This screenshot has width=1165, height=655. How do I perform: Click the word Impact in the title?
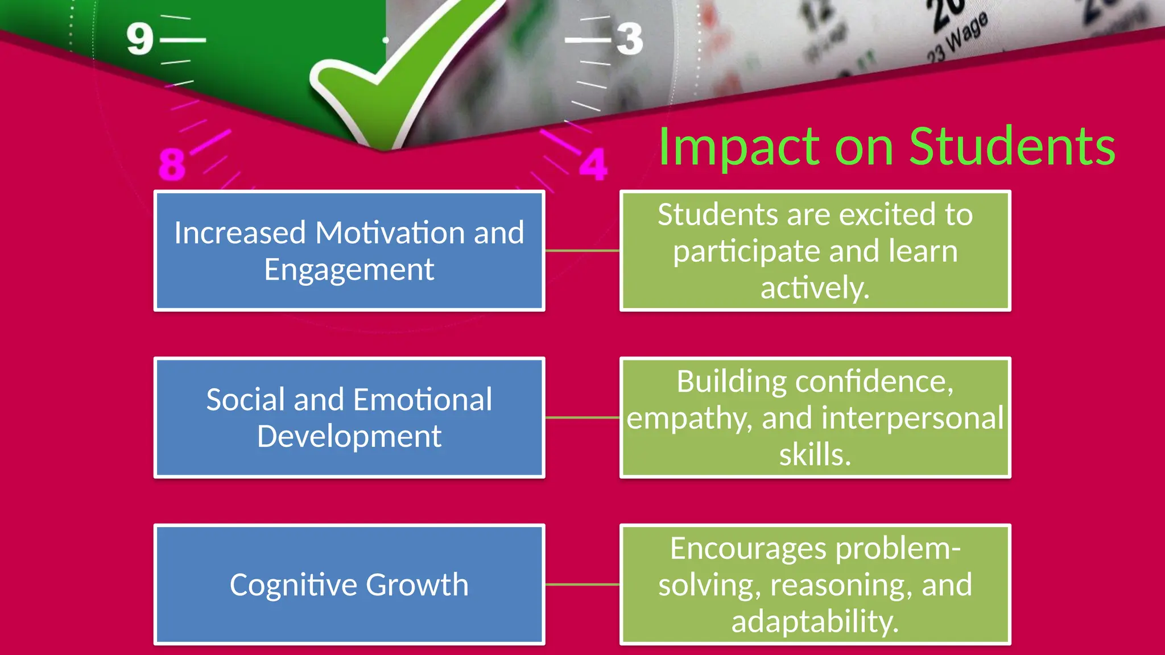click(x=738, y=147)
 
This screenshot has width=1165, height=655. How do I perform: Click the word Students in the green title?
click(x=1012, y=147)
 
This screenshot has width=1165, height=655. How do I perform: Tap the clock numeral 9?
click(x=140, y=39)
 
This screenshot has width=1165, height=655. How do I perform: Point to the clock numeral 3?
click(x=630, y=39)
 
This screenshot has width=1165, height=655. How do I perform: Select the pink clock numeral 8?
click(x=172, y=164)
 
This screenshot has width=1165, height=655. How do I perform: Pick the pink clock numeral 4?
click(x=593, y=165)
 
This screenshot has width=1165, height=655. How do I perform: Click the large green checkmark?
click(x=398, y=74)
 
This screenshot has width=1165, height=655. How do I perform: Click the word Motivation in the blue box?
click(x=390, y=233)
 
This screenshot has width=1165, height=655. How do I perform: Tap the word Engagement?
click(x=349, y=270)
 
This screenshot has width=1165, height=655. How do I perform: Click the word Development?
click(x=349, y=436)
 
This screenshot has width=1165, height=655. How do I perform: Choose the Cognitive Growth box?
click(x=349, y=584)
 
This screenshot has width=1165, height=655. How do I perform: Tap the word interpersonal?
click(x=912, y=418)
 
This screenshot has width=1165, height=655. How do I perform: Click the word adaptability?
click(x=815, y=621)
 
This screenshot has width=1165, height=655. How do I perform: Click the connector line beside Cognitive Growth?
click(x=582, y=584)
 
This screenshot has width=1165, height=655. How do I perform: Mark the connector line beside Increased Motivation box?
click(x=582, y=250)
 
